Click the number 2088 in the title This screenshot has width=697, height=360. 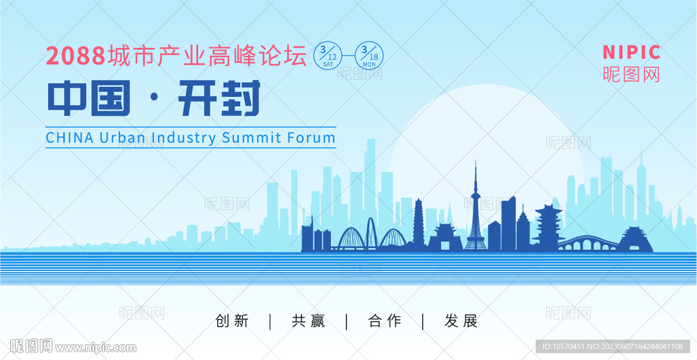75,56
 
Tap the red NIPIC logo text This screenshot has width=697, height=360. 631,52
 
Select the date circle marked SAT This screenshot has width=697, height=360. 329,56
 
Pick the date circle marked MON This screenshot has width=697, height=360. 369,56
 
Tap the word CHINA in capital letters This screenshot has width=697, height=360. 70,137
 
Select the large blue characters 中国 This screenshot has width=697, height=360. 89,98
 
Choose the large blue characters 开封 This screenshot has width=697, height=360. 218,98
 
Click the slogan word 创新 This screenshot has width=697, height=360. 231,321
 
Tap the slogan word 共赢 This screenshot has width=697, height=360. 308,321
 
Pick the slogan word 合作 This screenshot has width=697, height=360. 385,321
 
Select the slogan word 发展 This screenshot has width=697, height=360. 461,321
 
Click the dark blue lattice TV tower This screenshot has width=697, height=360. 475,213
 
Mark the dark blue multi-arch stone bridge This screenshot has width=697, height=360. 587,244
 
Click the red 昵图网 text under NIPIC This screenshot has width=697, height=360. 631,74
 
